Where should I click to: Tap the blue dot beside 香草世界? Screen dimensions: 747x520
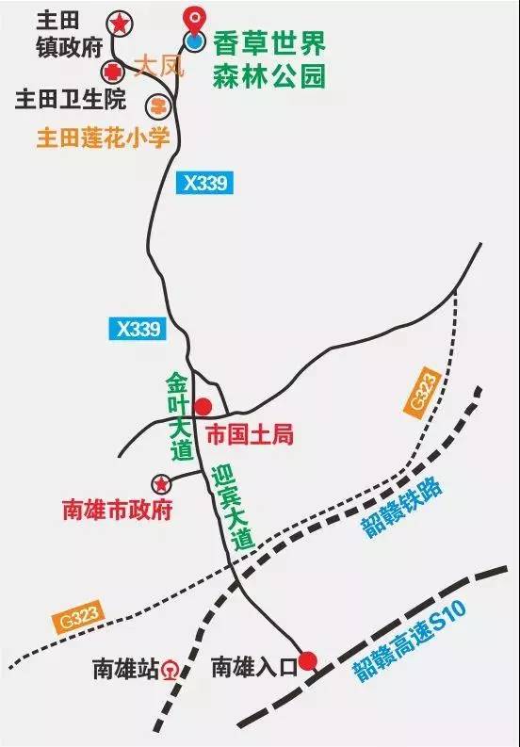click(x=194, y=41)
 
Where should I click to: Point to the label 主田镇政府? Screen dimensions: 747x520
click(x=67, y=33)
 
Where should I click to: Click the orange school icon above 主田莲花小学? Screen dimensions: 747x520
click(x=158, y=104)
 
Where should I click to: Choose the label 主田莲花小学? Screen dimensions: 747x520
click(x=103, y=138)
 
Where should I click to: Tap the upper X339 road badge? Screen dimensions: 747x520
click(x=204, y=184)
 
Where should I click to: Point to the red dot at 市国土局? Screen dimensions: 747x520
click(x=202, y=407)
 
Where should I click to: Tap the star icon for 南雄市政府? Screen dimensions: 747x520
click(x=161, y=483)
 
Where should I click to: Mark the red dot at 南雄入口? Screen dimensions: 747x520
click(x=307, y=660)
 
